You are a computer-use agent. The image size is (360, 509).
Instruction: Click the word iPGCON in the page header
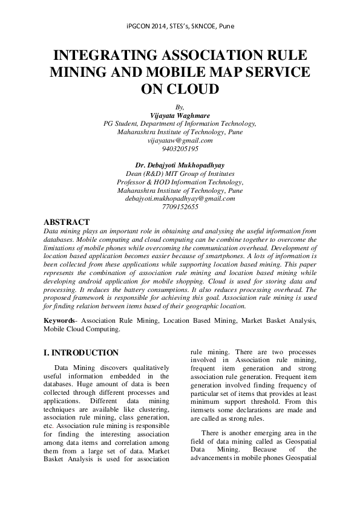coord(139,27)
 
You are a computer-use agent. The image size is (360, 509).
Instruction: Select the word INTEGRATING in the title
coord(106,57)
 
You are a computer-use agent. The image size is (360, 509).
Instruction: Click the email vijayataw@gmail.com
coord(180,140)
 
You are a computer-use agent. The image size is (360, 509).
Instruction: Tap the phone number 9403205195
coord(180,148)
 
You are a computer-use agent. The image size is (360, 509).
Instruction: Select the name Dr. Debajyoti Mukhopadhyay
coord(180,164)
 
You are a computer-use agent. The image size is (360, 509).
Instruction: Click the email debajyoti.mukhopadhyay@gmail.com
coord(180,198)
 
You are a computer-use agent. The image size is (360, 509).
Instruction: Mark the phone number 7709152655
coord(180,206)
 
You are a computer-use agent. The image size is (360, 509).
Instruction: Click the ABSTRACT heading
coord(67,222)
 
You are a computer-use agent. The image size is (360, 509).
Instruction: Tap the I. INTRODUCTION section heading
coord(81,352)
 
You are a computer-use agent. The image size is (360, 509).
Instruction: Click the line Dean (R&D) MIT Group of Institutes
coord(180,173)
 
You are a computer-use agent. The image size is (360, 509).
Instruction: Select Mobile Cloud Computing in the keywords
coord(79,330)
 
